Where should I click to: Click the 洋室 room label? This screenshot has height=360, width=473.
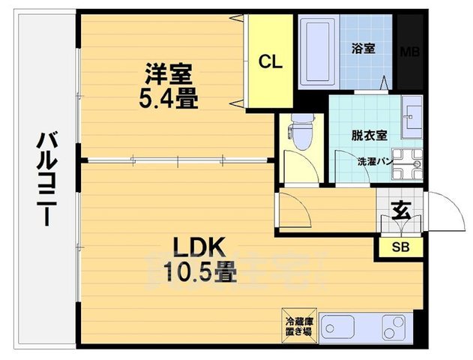169,74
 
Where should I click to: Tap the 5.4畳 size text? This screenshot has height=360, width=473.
169,99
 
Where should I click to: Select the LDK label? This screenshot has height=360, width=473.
196,247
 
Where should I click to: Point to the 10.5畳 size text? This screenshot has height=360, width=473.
196,272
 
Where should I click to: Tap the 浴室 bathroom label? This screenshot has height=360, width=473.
364,48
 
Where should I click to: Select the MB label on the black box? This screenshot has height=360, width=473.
409,52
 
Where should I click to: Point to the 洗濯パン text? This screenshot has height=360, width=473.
372,160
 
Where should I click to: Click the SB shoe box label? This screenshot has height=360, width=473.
400,245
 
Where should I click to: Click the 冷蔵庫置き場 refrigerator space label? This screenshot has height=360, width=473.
299,325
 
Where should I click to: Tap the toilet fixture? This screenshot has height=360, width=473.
301,134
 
